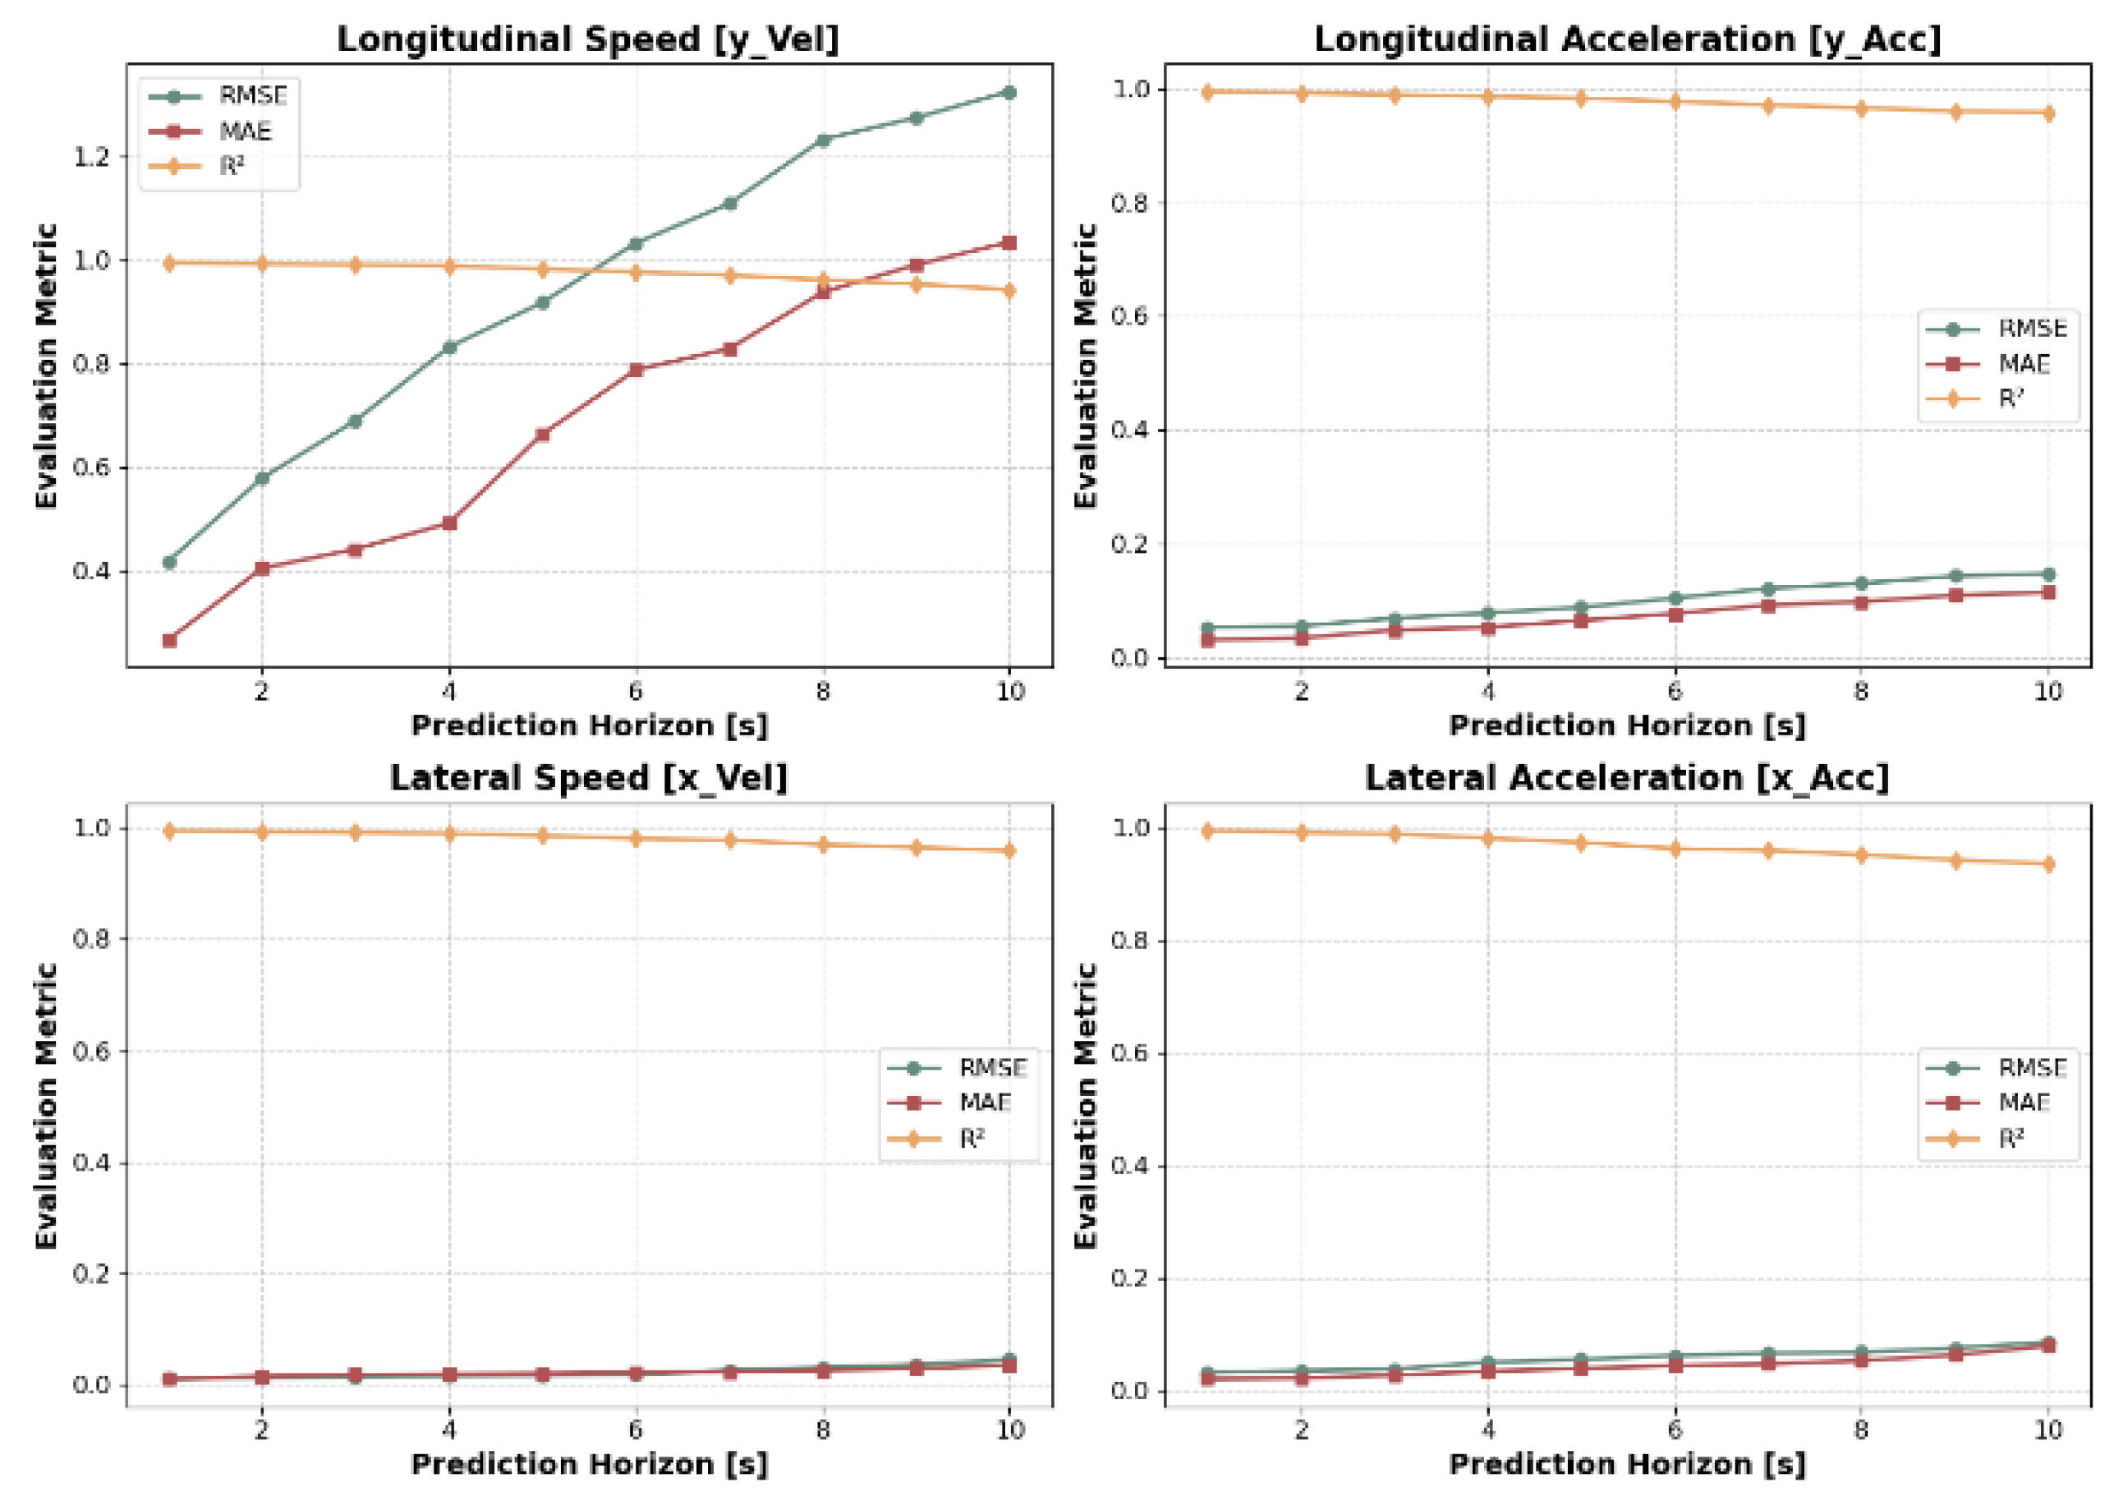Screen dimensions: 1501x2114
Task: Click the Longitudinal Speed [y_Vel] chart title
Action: coord(588,39)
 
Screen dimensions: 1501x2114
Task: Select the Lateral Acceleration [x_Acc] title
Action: coord(1626,778)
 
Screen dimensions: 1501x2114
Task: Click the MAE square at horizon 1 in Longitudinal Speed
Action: coord(169,641)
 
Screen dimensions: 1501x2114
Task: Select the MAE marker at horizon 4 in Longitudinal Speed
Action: coord(449,523)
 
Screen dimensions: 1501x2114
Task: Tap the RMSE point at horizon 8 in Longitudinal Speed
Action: coord(822,140)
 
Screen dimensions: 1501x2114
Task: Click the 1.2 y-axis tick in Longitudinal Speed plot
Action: coord(91,157)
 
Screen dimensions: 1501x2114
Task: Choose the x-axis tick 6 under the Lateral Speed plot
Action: coord(636,1430)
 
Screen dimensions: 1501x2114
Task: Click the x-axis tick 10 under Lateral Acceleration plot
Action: coord(2047,1430)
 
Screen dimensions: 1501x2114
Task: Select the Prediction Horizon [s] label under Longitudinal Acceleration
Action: coord(1626,725)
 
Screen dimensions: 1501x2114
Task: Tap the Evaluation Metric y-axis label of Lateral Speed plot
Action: coord(46,1106)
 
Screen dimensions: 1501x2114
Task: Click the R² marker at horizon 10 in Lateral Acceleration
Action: coord(2047,864)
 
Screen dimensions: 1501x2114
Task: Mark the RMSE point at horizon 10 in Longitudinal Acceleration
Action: coord(2047,574)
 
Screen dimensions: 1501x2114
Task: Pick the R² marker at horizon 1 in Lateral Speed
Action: coord(169,831)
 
